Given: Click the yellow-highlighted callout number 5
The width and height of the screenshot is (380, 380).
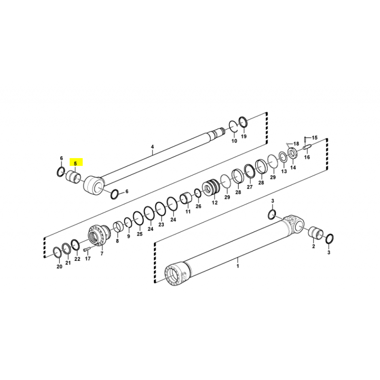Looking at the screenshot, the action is tap(76, 163).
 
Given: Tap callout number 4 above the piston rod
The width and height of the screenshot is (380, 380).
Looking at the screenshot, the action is tap(152, 147).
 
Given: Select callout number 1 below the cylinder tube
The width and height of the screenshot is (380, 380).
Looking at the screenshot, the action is tap(238, 266).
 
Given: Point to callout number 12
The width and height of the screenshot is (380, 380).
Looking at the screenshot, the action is tap(215, 202).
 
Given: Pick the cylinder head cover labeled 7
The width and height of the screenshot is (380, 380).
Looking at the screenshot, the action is tap(99, 235).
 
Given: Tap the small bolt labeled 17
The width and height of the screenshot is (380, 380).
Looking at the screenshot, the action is tap(87, 249).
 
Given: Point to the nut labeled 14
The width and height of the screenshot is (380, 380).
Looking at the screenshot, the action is tap(292, 153).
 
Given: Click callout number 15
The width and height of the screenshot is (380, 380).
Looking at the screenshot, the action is tap(314, 138).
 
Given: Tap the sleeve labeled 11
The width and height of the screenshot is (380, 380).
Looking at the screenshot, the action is tap(186, 198).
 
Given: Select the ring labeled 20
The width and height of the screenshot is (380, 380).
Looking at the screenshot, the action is tap(57, 253).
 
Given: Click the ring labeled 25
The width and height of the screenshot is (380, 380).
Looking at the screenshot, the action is tap(138, 219).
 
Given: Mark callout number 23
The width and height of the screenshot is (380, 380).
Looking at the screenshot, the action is tap(161, 225).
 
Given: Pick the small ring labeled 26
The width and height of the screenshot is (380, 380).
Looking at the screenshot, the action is tap(198, 193).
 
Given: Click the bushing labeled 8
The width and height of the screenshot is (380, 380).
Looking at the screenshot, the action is tap(118, 227).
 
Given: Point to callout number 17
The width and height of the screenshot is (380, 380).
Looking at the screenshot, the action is tap(88, 259).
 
